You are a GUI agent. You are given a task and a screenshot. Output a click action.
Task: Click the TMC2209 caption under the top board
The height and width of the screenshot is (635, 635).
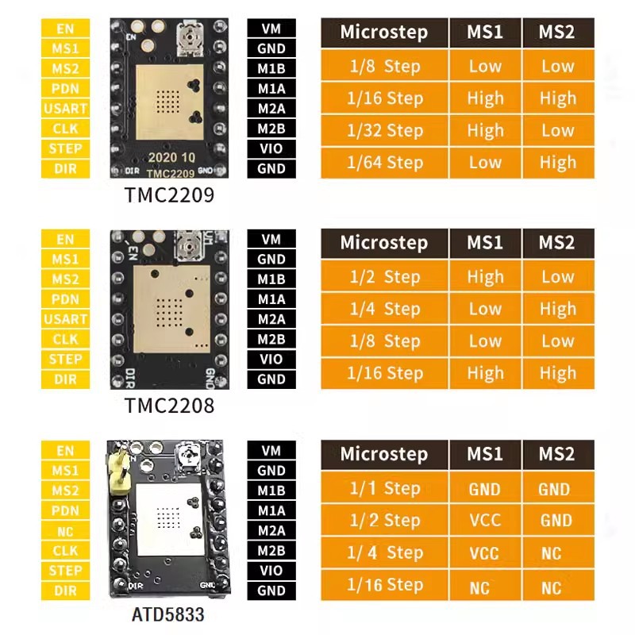click(169, 194)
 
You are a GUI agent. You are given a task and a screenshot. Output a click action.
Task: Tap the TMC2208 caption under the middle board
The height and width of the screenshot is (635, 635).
click(169, 406)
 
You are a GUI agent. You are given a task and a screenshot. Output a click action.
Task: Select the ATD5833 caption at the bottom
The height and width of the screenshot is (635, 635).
click(168, 614)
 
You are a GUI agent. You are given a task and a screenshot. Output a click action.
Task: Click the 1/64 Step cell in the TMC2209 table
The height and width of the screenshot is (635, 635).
click(385, 163)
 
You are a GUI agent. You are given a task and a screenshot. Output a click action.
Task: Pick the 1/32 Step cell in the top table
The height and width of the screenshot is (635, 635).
click(385, 131)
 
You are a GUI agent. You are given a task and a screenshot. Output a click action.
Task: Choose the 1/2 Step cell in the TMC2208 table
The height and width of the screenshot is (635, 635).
click(385, 277)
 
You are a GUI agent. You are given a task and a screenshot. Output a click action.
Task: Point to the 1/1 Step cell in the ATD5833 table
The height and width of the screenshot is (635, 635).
click(385, 488)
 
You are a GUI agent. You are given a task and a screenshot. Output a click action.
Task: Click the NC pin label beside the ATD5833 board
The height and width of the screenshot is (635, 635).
click(65, 531)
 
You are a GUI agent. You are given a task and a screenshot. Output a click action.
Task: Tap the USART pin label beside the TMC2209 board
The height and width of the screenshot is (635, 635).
click(65, 109)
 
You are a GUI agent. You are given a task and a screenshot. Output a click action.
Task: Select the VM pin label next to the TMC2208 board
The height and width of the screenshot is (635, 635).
click(271, 240)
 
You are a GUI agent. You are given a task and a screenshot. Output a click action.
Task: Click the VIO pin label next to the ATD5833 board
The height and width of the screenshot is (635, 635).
click(271, 571)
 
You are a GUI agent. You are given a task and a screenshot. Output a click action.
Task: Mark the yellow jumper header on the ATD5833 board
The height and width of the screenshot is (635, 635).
click(117, 468)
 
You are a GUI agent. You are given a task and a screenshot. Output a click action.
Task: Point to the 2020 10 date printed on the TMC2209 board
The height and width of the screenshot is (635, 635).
click(171, 157)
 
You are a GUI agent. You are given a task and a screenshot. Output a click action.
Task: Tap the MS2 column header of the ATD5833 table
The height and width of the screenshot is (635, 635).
click(557, 454)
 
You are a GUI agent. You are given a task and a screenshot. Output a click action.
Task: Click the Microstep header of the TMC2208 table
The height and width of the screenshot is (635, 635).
click(384, 243)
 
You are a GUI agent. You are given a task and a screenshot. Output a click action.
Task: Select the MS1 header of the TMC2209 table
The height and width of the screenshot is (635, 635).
click(485, 33)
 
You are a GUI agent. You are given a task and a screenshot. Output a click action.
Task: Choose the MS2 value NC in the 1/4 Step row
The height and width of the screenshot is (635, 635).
click(552, 553)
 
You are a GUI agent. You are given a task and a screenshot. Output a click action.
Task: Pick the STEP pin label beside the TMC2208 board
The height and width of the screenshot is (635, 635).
click(65, 360)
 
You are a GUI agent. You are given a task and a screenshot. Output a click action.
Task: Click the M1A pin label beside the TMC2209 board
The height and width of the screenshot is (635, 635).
click(271, 88)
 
